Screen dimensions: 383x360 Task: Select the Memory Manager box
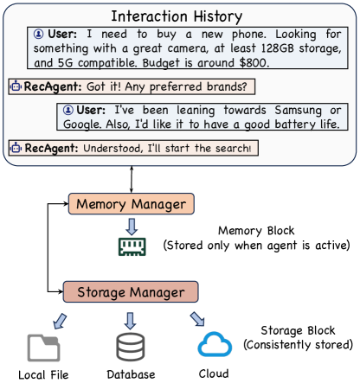coord(131,205)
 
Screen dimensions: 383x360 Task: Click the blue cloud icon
coord(214,346)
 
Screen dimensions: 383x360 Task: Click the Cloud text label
coord(214,373)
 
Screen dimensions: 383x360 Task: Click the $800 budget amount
coord(280,62)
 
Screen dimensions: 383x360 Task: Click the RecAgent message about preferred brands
coord(130,86)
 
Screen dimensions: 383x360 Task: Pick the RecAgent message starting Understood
coord(134,149)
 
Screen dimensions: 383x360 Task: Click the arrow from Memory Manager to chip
coord(131,226)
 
